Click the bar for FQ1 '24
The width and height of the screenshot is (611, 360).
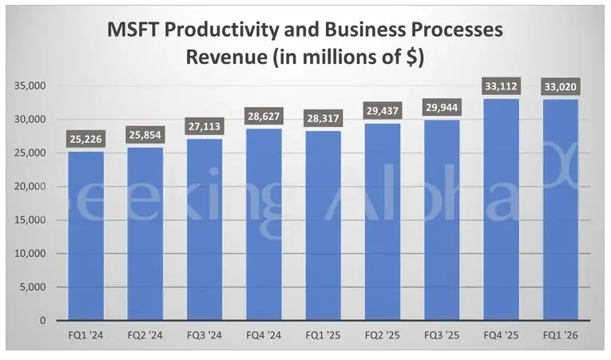point(85,235)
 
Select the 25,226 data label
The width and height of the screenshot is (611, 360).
point(85,140)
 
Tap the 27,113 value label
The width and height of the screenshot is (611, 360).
point(204,127)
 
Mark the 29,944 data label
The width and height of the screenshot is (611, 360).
point(441,109)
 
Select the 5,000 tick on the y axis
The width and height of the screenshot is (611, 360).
point(34,287)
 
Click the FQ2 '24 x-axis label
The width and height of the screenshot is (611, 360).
point(145,337)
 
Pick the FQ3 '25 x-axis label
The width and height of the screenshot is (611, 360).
point(441,337)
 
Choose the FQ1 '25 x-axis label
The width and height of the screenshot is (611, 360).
point(323,337)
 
